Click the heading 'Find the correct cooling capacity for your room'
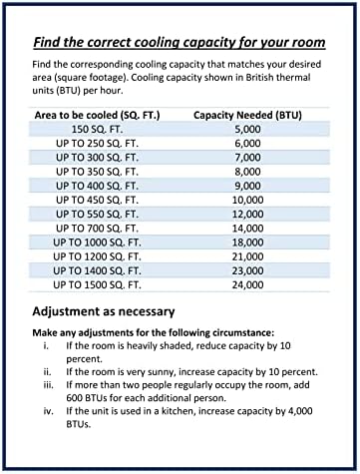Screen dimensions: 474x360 [179, 44]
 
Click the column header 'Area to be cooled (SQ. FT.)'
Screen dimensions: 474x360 [96, 115]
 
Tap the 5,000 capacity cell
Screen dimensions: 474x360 [248, 129]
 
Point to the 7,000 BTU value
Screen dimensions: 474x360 [248, 158]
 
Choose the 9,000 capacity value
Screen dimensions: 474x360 [248, 186]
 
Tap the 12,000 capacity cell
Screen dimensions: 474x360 [248, 214]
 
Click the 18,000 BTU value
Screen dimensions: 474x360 [248, 242]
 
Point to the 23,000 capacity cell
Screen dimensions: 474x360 [248, 270]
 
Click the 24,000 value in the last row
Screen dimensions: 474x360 [248, 285]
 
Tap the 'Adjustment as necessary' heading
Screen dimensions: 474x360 [104, 310]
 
